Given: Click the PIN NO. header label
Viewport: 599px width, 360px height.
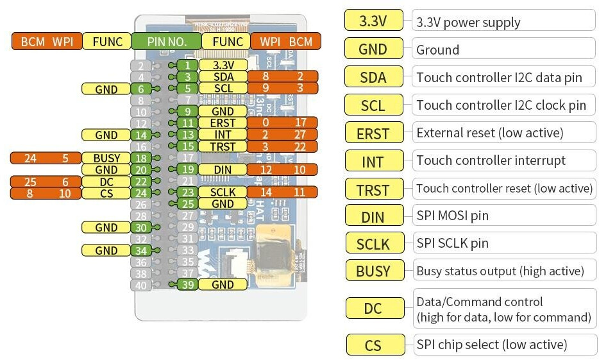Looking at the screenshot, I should pyautogui.click(x=168, y=42).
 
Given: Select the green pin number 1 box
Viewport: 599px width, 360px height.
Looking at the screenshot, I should pyautogui.click(x=187, y=65).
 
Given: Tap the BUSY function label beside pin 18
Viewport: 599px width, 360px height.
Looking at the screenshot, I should pyautogui.click(x=106, y=158).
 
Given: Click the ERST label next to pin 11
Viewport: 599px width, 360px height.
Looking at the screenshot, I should pyautogui.click(x=223, y=123).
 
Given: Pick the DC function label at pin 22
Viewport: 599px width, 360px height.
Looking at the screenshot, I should pyautogui.click(x=106, y=182).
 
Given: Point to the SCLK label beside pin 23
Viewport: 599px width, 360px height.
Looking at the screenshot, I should pyautogui.click(x=223, y=192).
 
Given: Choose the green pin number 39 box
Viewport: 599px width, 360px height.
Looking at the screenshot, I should pyautogui.click(x=187, y=284).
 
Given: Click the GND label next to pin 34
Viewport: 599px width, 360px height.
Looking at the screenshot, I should pyautogui.click(x=106, y=250).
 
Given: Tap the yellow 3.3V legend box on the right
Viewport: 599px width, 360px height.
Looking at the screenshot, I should pyautogui.click(x=373, y=21).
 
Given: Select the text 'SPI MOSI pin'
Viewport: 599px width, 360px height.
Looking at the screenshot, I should pyautogui.click(x=452, y=216).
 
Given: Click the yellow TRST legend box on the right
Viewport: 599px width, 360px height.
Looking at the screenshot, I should pyautogui.click(x=373, y=189).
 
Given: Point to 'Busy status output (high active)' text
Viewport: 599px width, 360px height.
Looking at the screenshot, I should pyautogui.click(x=500, y=271).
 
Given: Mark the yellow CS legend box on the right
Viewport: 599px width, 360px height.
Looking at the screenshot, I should pyautogui.click(x=373, y=345).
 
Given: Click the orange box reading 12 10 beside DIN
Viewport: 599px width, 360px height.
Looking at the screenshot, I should pyautogui.click(x=282, y=169).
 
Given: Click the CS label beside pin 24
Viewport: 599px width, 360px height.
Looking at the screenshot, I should pyautogui.click(x=106, y=193).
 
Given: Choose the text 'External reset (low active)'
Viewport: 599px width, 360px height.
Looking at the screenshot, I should pyautogui.click(x=489, y=133).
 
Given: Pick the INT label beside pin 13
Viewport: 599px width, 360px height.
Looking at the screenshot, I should pyautogui.click(x=223, y=135).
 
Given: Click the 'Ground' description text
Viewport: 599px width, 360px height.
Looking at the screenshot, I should pyautogui.click(x=438, y=49).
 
